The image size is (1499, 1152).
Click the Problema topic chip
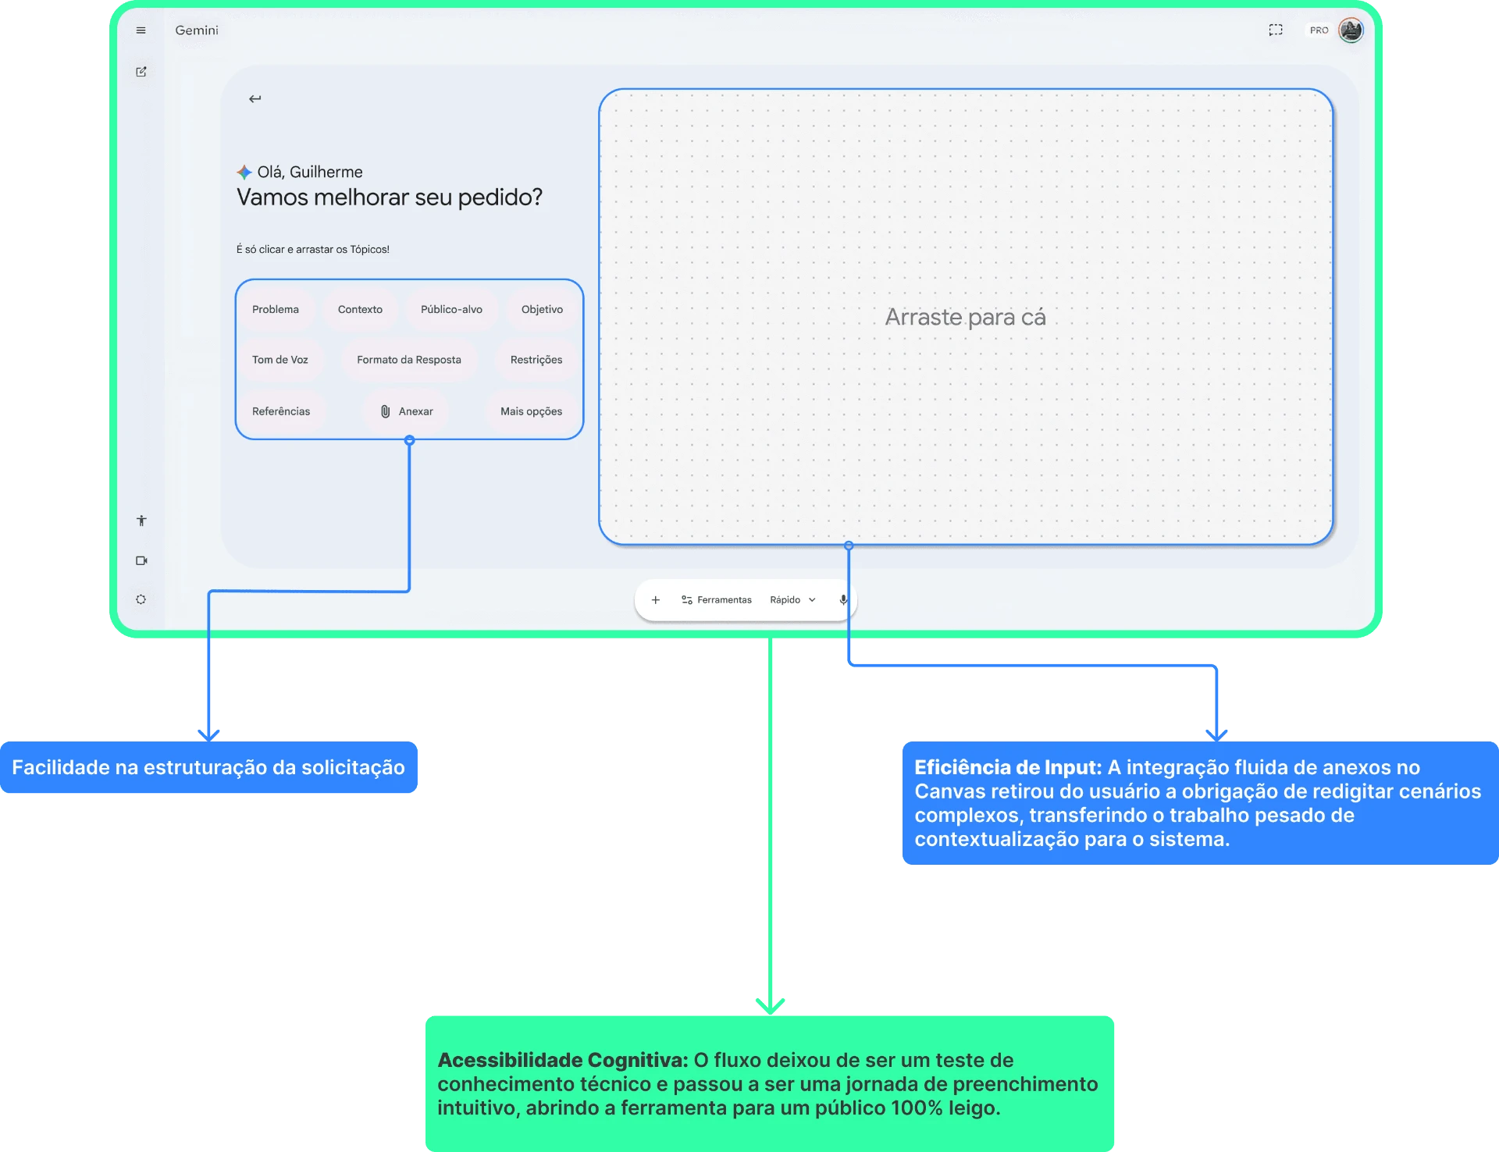click(276, 309)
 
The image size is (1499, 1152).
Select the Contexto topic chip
click(360, 309)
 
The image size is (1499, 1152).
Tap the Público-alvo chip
click(451, 309)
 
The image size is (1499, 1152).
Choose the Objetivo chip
click(542, 309)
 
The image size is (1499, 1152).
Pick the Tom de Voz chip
click(280, 360)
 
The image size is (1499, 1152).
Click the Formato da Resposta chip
click(409, 360)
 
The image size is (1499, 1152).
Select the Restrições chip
click(536, 360)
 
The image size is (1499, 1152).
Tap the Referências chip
click(281, 411)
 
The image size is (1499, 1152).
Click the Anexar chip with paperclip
click(407, 411)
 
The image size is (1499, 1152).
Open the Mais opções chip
click(531, 411)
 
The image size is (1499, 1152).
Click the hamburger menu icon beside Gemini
click(141, 30)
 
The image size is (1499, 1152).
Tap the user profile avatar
click(1351, 30)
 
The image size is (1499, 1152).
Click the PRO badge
click(1319, 30)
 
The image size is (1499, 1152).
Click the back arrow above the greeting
click(255, 98)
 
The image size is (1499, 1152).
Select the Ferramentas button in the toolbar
click(717, 599)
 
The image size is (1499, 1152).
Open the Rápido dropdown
click(792, 599)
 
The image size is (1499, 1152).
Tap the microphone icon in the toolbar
click(843, 599)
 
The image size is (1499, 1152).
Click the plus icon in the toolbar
click(656, 599)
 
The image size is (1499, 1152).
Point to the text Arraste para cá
click(965, 317)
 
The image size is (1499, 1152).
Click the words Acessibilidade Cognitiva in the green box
click(563, 1060)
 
